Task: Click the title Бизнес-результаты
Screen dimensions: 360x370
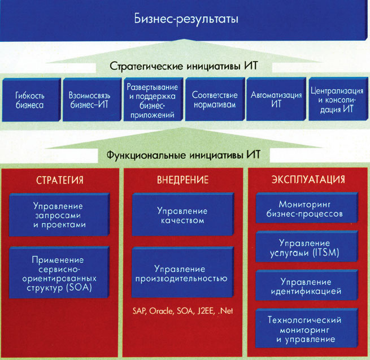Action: coord(186,19)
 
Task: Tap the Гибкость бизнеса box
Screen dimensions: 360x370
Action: coord(30,100)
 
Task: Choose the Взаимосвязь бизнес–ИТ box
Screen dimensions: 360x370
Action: coord(90,100)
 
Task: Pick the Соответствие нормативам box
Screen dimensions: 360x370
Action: coord(214,100)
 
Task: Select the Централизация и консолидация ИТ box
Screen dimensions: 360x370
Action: coord(337,100)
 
